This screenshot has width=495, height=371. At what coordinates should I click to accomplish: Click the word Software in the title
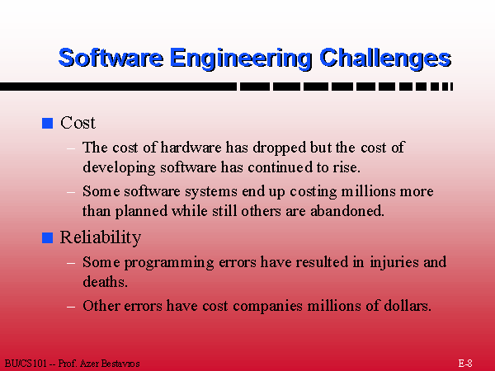click(111, 58)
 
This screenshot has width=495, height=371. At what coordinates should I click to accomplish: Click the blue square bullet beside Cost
click(47, 123)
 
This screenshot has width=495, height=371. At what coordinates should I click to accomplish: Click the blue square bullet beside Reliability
click(47, 237)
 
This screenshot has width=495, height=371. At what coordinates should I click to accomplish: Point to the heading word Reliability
click(101, 237)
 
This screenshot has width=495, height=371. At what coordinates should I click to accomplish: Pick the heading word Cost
click(78, 123)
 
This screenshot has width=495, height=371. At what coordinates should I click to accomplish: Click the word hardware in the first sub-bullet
click(191, 148)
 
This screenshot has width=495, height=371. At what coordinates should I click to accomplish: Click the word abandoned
click(347, 211)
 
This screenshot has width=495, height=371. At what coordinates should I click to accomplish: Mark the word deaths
click(105, 282)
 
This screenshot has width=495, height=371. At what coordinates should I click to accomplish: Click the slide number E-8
click(465, 363)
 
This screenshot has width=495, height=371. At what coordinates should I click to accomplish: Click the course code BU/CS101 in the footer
click(26, 364)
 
